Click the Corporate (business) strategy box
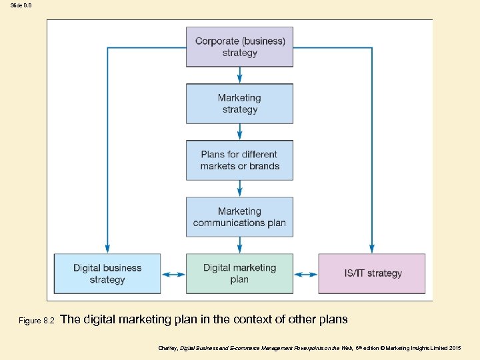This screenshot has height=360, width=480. (239, 47)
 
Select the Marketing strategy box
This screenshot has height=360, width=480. (239, 103)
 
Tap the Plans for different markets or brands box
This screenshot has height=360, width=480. (239, 160)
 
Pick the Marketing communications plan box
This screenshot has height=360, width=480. (239, 217)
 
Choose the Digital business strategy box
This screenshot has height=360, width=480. (107, 273)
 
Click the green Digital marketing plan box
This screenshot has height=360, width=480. (239, 273)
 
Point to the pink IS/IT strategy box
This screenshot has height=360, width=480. (372, 273)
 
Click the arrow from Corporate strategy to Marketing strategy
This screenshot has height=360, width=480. (239, 75)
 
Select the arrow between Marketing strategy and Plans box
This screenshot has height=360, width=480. (239, 131)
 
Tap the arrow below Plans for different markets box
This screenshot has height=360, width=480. (239, 188)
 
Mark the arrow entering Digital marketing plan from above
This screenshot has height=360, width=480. (239, 245)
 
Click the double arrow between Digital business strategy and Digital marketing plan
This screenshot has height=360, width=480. (173, 274)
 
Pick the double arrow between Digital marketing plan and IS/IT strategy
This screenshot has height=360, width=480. (305, 274)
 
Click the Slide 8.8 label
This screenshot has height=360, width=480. (21, 5)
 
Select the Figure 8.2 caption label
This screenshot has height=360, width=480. (37, 321)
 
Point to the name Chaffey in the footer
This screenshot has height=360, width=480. (168, 349)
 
